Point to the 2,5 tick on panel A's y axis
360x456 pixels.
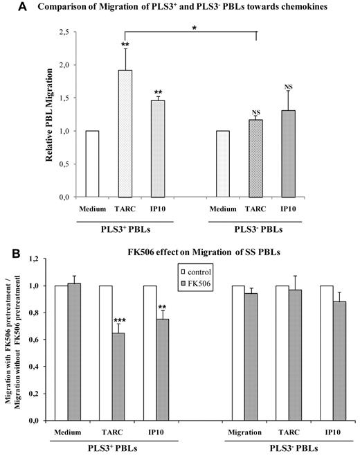[69, 33]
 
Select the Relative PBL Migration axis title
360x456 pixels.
[50, 114]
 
